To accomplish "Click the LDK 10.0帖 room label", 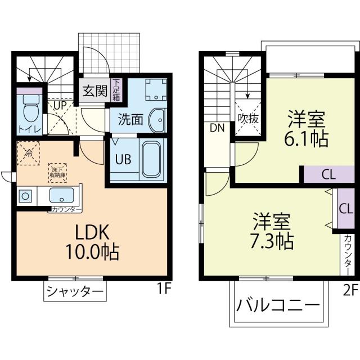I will (92, 242).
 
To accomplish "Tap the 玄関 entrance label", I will (94, 91).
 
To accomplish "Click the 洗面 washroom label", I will (130, 119).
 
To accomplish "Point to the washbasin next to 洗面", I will (157, 120).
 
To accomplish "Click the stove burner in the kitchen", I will (25, 196).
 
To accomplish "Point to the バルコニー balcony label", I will (277, 307).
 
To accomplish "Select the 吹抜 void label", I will (247, 119).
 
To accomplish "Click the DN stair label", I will (218, 128).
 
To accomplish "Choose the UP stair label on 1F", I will (60, 104).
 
